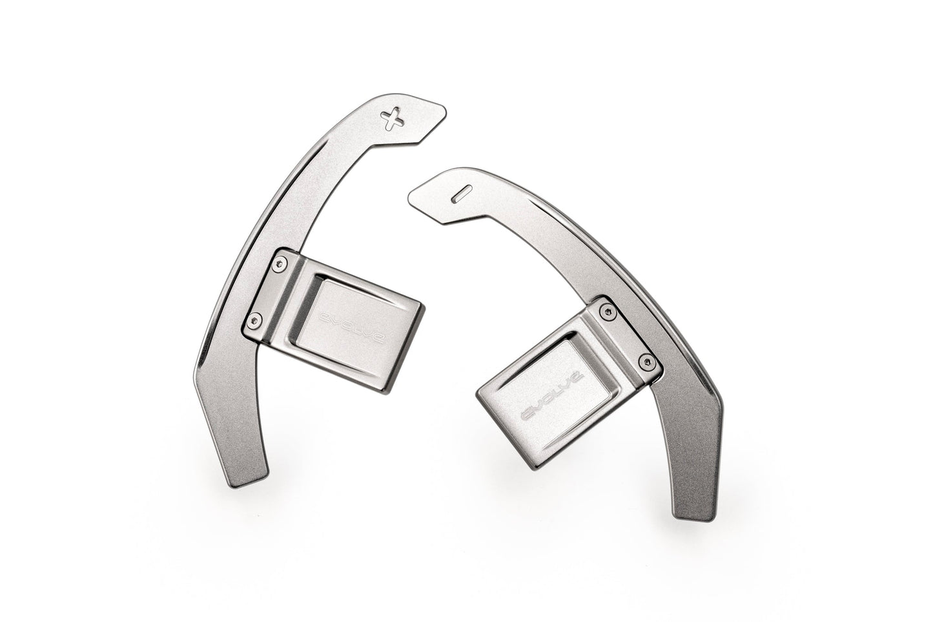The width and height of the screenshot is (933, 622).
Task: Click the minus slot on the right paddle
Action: click(461, 194)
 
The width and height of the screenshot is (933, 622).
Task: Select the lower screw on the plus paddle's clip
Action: click(255, 320)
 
